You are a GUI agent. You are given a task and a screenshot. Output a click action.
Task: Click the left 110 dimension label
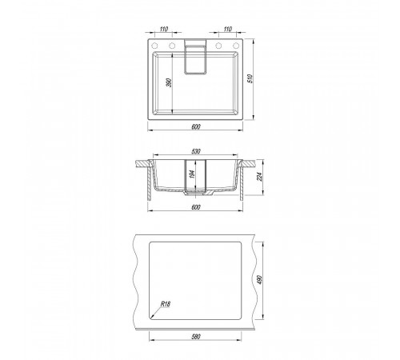164,29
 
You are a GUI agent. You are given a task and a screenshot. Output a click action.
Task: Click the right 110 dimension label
227,29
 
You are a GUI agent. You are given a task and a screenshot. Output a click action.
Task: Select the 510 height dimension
250,78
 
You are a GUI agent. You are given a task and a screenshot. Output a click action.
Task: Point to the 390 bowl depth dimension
169,82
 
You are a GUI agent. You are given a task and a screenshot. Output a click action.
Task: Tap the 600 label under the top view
196,127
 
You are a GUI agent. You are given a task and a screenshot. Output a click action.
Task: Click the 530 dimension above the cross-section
196,151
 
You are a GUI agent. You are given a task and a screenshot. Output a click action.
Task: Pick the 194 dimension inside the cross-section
193,174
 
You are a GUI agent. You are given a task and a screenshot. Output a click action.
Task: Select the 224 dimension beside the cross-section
259,177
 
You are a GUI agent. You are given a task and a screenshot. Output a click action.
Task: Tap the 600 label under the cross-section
196,207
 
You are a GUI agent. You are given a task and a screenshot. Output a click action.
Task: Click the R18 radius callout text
166,304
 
